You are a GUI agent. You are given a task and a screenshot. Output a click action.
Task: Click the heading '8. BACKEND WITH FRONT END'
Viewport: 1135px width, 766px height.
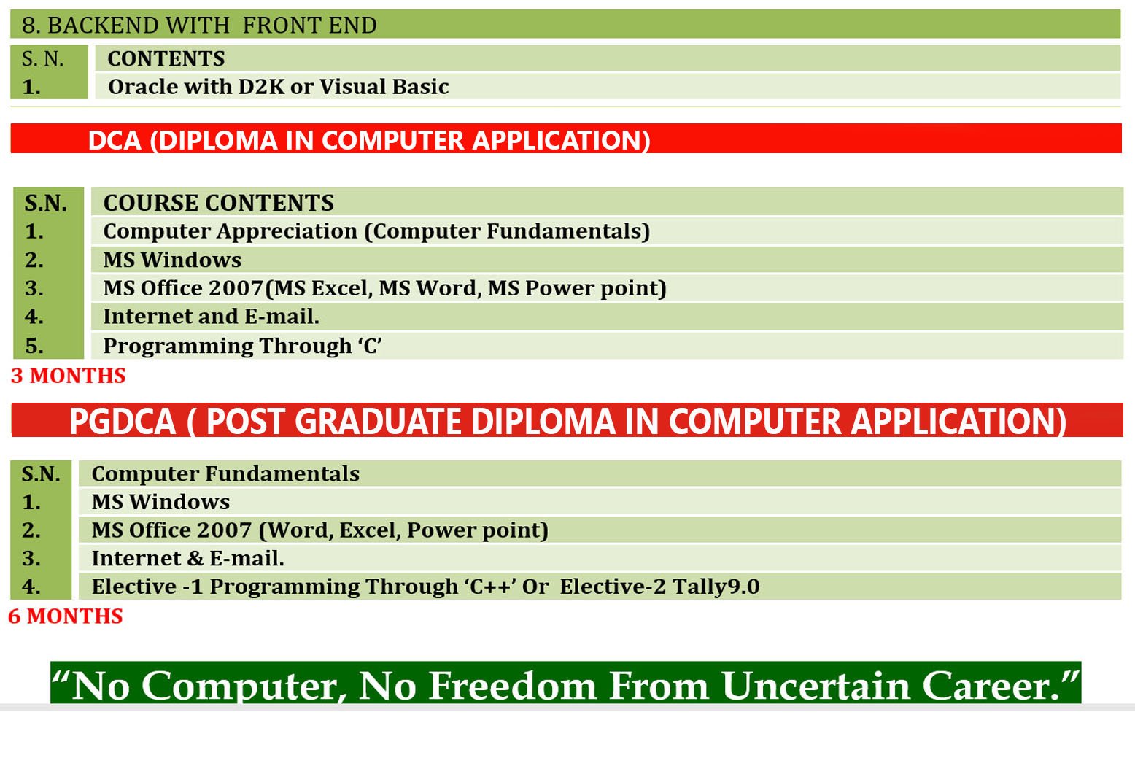(x=200, y=26)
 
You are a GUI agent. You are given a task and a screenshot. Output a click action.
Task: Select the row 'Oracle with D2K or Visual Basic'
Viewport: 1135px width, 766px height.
(x=278, y=87)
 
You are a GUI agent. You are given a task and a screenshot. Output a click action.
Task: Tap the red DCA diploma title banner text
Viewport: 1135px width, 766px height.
(x=369, y=140)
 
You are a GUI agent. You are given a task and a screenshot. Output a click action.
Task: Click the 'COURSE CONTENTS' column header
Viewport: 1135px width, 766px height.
(x=218, y=203)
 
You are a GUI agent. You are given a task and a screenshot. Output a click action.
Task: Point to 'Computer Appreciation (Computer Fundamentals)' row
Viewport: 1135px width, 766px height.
(x=376, y=231)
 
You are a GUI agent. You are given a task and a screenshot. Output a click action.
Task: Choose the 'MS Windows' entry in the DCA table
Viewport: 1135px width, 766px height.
(x=172, y=260)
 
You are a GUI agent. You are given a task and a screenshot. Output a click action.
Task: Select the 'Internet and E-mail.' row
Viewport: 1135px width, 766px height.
(x=212, y=317)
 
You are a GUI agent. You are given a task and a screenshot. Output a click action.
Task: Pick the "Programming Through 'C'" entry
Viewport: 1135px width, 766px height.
(x=242, y=346)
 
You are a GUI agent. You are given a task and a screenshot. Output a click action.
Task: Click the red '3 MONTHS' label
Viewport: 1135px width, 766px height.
(x=68, y=376)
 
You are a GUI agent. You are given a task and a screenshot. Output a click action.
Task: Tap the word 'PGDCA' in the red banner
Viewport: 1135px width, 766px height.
(x=123, y=422)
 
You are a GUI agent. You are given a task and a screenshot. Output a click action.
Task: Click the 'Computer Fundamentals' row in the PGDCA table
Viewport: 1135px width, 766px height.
(x=225, y=473)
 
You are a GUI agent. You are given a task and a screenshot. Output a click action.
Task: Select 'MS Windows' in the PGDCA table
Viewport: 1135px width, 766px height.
(x=160, y=502)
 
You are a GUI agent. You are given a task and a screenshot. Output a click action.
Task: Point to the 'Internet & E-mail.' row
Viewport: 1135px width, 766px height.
(x=187, y=558)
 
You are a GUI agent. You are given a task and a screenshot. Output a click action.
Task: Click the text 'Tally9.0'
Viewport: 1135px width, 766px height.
(x=716, y=587)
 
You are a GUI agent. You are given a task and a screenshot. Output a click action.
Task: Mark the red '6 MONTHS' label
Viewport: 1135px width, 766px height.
(x=66, y=616)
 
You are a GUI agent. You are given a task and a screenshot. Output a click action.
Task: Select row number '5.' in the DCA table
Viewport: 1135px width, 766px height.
(x=34, y=346)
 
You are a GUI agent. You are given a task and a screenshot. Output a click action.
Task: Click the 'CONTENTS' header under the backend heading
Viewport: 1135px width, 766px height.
(x=166, y=58)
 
